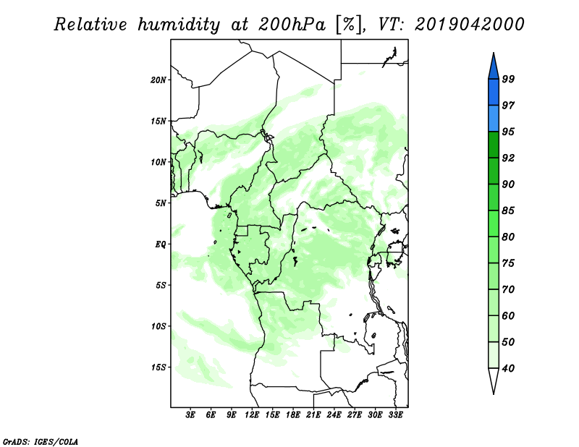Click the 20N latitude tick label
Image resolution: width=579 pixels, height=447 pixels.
click(159, 80)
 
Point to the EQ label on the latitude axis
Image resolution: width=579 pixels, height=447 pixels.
click(161, 244)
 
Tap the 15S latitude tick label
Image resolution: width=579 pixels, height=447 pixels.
click(159, 367)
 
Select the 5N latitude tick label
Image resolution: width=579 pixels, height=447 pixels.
click(161, 203)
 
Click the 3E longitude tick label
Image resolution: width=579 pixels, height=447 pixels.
click(190, 415)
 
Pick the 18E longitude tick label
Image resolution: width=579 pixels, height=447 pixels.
click(293, 415)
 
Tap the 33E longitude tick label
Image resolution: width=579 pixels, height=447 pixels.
click(395, 415)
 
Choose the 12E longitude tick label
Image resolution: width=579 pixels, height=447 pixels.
click(252, 415)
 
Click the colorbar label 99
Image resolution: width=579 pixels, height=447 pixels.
click(508, 79)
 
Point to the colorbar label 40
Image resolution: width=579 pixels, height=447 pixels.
click(508, 368)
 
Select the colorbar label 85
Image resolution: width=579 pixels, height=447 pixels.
click(508, 210)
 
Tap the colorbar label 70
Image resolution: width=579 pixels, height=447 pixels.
click(508, 289)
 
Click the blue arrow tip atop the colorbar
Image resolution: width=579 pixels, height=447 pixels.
click(494, 54)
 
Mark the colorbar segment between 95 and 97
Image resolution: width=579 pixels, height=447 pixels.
click(494, 119)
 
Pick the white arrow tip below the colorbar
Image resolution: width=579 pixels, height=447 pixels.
click(494, 393)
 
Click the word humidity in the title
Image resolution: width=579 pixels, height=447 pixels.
click(179, 25)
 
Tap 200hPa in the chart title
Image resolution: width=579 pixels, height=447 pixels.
click(292, 25)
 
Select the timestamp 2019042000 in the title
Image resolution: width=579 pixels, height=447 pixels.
click(469, 25)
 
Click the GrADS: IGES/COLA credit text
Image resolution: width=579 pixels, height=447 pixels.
click(41, 442)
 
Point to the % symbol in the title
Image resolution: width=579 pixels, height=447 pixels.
click(348, 25)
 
